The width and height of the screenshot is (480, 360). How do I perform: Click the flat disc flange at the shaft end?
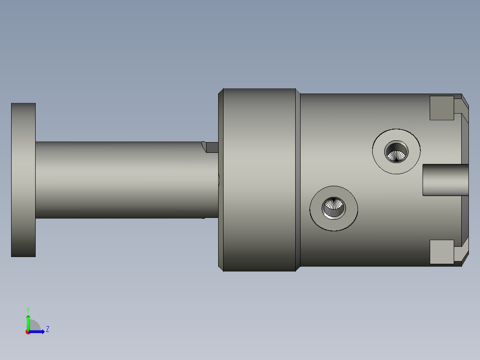coord(23,180)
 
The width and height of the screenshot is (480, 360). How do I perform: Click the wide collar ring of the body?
coord(259,180)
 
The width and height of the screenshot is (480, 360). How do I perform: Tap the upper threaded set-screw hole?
coord(396,152)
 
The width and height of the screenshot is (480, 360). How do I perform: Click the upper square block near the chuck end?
coord(442,108)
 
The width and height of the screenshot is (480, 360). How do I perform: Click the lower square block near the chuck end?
coord(442,252)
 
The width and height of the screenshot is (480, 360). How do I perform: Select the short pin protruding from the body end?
coord(446,180)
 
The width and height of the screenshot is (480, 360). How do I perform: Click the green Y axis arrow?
coord(28,322)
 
